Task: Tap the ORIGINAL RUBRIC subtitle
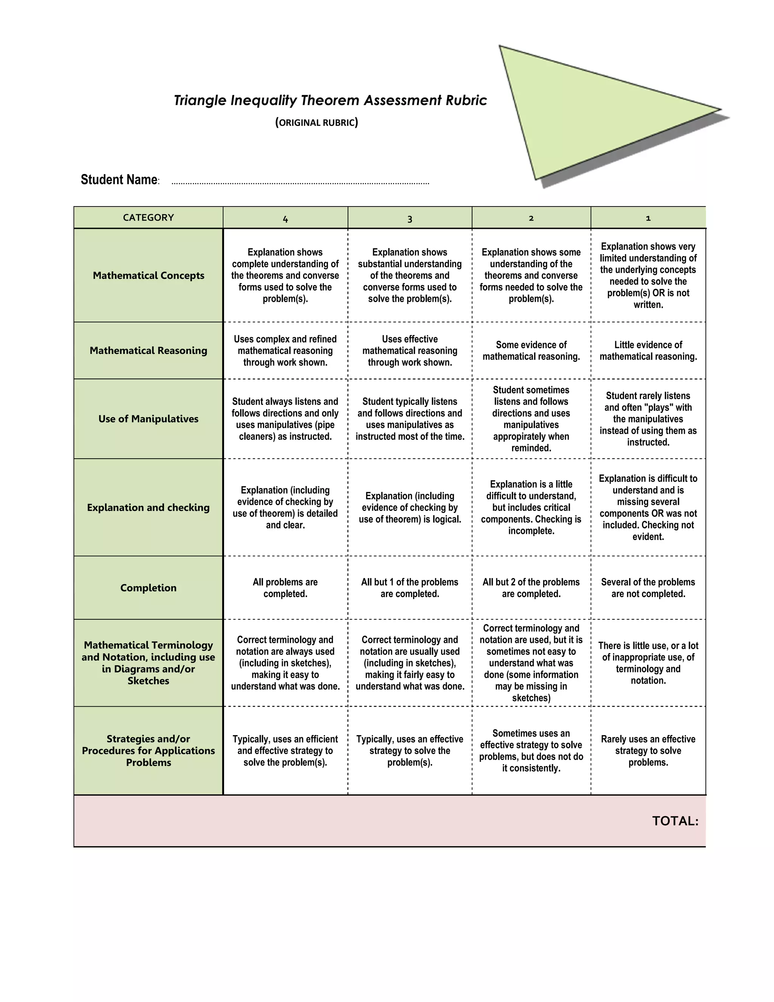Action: (x=316, y=123)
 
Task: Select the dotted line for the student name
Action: (x=300, y=183)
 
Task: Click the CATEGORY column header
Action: (x=148, y=217)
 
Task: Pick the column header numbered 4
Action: (x=285, y=219)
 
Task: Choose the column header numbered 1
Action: (x=648, y=219)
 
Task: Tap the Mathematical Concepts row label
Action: (x=148, y=275)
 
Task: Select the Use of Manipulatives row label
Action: (x=148, y=419)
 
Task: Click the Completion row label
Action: (x=148, y=588)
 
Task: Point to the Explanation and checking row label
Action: (x=148, y=507)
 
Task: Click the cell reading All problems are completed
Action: (x=285, y=588)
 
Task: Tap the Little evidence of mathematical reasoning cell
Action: (x=648, y=351)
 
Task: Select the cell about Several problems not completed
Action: (x=648, y=588)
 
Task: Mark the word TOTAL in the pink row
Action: (x=675, y=821)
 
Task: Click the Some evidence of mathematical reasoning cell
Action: (x=531, y=351)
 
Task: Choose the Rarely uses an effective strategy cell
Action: (x=648, y=751)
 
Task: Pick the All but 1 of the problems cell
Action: (x=409, y=588)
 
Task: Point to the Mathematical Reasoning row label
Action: (x=148, y=351)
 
